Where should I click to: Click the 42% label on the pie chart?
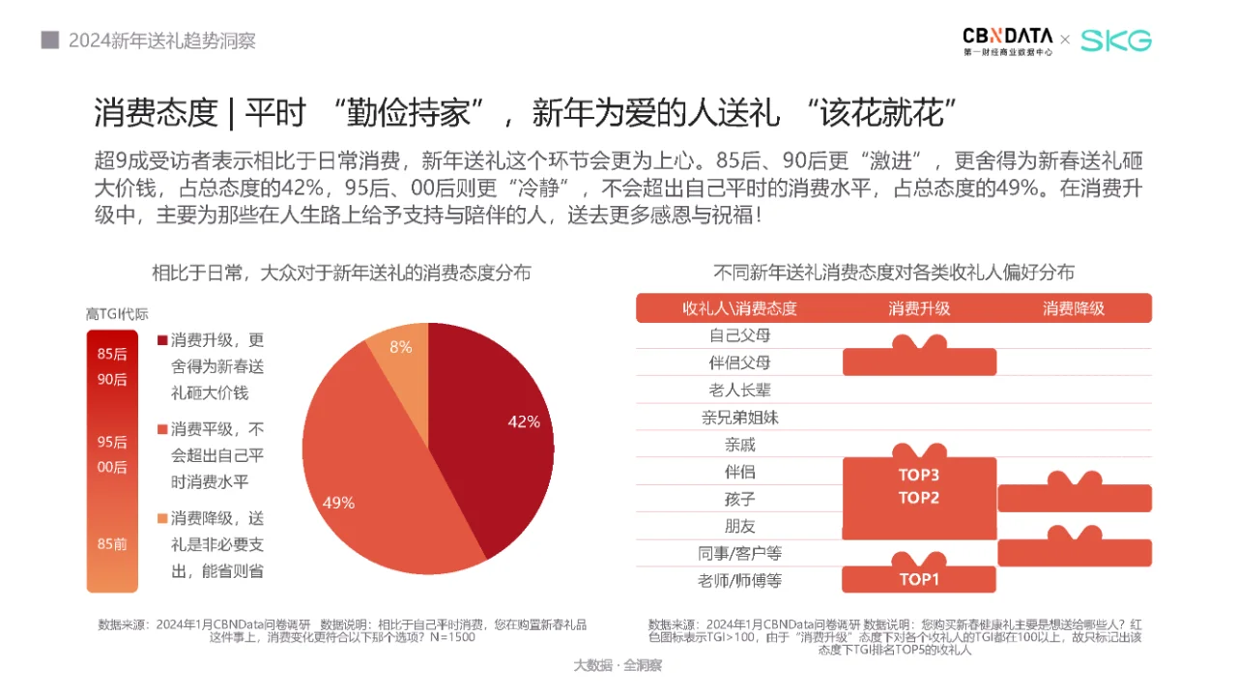pyautogui.click(x=524, y=420)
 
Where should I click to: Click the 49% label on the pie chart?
pyautogui.click(x=338, y=503)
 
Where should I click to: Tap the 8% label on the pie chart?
pyautogui.click(x=401, y=347)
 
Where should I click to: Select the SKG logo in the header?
pyautogui.click(x=1116, y=41)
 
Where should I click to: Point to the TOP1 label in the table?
pyautogui.click(x=919, y=580)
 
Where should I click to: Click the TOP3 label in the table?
pyautogui.click(x=919, y=475)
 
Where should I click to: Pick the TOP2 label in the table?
pyautogui.click(x=919, y=499)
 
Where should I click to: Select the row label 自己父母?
pyautogui.click(x=739, y=335)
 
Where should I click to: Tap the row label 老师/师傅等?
pyautogui.click(x=739, y=581)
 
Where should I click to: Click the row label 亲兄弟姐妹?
pyautogui.click(x=739, y=418)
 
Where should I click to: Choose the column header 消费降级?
pyautogui.click(x=1074, y=308)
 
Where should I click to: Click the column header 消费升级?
pyautogui.click(x=919, y=308)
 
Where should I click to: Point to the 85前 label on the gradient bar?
pyautogui.click(x=112, y=544)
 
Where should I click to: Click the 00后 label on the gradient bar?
pyautogui.click(x=112, y=468)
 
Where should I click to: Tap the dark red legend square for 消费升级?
pyautogui.click(x=162, y=340)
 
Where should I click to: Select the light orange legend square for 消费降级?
pyautogui.click(x=162, y=517)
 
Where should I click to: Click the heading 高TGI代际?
pyautogui.click(x=117, y=313)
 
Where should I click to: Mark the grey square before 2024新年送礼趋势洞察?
pyautogui.click(x=49, y=41)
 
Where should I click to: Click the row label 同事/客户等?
pyautogui.click(x=739, y=554)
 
